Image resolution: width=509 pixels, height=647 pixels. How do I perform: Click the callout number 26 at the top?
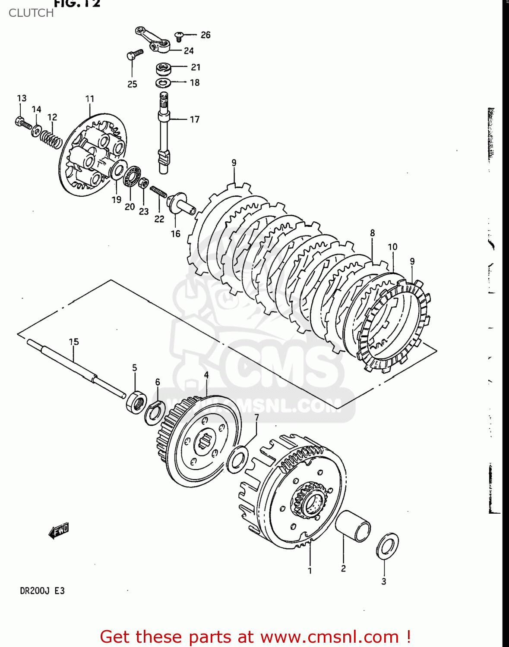(205, 35)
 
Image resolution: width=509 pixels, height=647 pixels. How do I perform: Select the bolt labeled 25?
(134, 54)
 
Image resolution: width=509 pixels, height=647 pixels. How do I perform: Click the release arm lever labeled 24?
(153, 40)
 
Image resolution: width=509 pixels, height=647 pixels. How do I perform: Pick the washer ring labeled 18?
(163, 82)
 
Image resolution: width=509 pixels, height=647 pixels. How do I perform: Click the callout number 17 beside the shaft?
(195, 119)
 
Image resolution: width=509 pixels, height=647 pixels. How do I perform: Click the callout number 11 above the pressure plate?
(90, 99)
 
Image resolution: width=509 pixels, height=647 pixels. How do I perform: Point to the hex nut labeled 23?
(143, 183)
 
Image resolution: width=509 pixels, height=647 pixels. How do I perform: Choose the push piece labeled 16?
(181, 204)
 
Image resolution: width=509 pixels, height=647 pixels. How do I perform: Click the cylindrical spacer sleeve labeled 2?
(353, 525)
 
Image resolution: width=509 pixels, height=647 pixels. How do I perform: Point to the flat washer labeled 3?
(387, 546)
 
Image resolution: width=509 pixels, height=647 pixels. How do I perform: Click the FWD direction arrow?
(59, 531)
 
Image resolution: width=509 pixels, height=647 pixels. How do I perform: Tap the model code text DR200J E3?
(42, 590)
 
